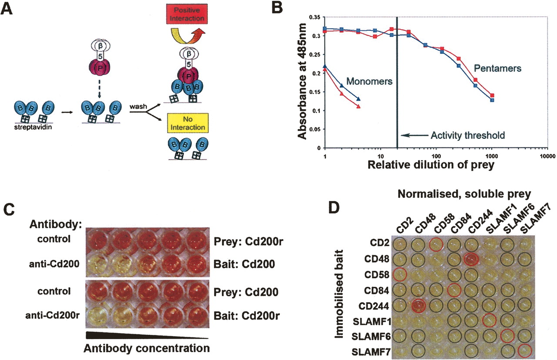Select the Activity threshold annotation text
point(467,136)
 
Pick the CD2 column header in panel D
point(400,226)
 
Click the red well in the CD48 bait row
point(471,259)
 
